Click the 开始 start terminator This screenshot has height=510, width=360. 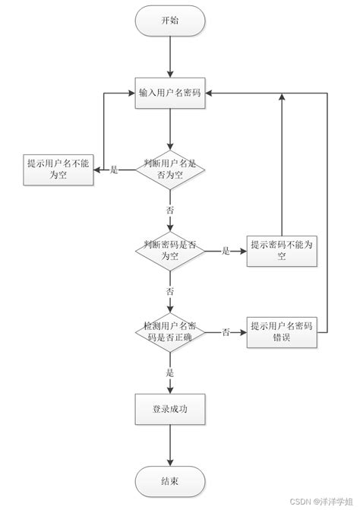click(170, 21)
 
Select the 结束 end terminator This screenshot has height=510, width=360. click(170, 481)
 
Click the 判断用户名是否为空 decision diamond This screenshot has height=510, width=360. click(170, 169)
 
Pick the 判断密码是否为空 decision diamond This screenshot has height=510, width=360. click(170, 251)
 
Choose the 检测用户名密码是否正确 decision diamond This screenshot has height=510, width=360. click(170, 331)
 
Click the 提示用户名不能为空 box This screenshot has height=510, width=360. click(57, 169)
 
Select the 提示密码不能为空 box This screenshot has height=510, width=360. click(282, 251)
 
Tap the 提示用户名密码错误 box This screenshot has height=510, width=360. click(282, 331)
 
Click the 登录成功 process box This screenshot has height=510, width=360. click(170, 409)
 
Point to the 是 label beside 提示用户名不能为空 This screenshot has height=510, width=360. click(115, 169)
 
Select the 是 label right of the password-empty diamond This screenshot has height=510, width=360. click(226, 251)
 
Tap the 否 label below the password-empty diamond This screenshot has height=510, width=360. click(170, 291)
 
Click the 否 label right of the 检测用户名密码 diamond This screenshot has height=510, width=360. click(226, 332)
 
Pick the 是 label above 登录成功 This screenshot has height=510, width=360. click(170, 373)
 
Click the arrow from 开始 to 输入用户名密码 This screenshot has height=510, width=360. click(170, 57)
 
